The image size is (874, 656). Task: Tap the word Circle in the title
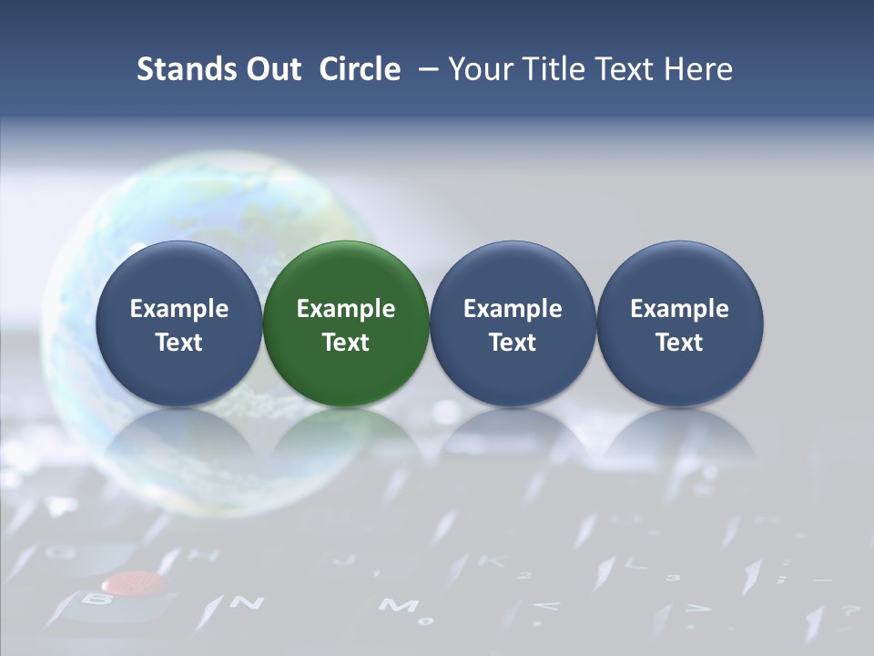tap(360, 69)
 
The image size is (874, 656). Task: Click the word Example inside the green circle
tap(346, 309)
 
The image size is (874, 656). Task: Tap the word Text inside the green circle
tap(346, 343)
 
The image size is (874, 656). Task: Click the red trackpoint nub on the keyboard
tap(134, 582)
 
